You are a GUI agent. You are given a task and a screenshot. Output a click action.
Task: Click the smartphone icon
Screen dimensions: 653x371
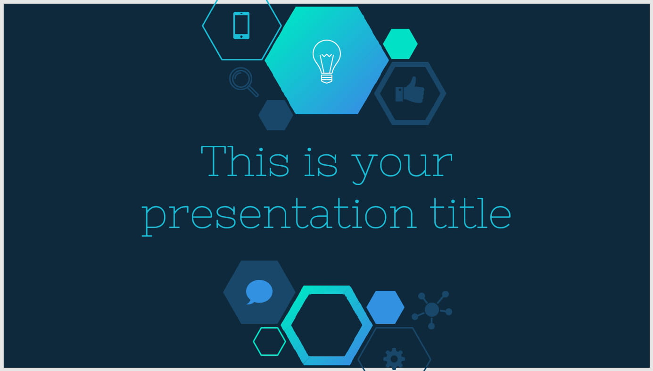[x=241, y=25]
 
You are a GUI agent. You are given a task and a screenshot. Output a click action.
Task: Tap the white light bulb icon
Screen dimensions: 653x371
[x=326, y=61]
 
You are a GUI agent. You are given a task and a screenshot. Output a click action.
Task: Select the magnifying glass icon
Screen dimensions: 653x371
[x=243, y=82]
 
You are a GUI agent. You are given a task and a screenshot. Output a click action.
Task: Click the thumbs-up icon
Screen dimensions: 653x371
[x=410, y=90]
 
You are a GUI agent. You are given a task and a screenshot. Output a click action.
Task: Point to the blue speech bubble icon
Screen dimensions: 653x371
[x=259, y=292]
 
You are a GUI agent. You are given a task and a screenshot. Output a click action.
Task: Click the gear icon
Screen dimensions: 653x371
[x=394, y=359]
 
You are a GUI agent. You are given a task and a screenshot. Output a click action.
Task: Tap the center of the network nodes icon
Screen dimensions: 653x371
[x=432, y=310]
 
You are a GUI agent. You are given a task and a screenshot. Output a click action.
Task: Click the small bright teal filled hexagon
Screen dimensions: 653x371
[x=400, y=44]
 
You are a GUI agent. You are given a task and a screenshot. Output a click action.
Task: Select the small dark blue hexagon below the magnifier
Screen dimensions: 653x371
[x=276, y=115]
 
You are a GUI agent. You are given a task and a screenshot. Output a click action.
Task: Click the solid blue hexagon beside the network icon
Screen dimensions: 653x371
[x=385, y=307]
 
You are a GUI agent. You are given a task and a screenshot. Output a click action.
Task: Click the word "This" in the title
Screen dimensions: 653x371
[x=245, y=161]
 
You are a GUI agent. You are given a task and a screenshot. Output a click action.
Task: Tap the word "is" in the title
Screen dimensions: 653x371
[x=321, y=162]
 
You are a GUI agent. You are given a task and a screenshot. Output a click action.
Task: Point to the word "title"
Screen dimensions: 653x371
[x=471, y=213]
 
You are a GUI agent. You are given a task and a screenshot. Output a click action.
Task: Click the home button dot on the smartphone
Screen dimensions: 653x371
[x=241, y=36]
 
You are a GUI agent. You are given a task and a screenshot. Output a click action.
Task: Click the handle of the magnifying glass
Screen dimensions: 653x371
[x=253, y=92]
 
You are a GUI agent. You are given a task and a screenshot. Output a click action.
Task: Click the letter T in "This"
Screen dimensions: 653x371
[x=214, y=161]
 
